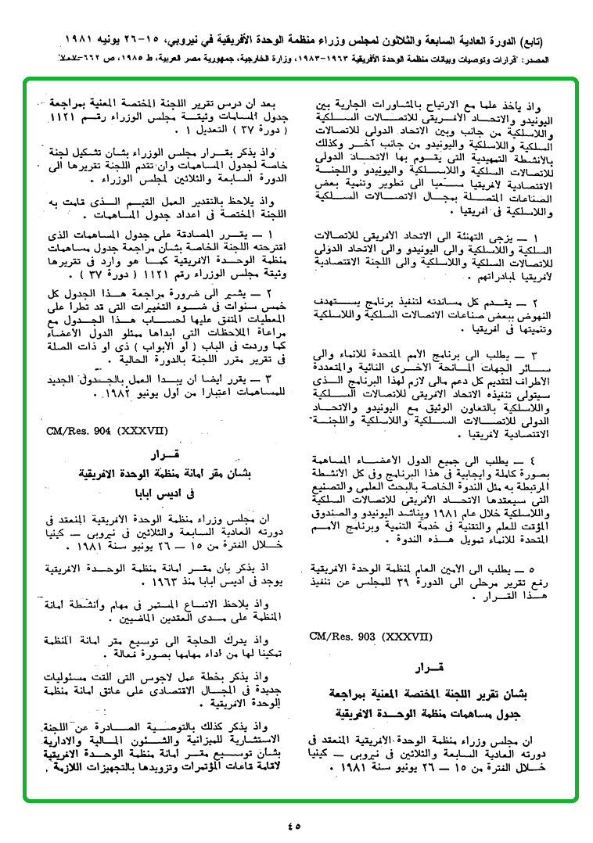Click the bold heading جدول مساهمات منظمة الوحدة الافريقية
431,714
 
